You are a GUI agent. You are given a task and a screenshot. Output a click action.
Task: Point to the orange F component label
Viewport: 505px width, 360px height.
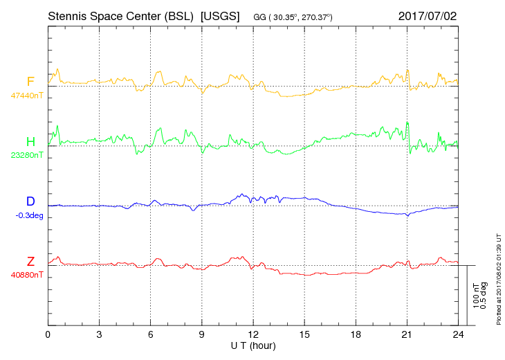pyautogui.click(x=30, y=82)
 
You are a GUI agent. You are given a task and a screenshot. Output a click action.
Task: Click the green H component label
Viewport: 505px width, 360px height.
pyautogui.click(x=30, y=142)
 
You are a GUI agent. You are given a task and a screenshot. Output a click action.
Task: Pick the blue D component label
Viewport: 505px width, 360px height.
pyautogui.click(x=30, y=201)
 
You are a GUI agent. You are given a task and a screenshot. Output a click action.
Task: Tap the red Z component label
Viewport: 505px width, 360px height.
pyautogui.click(x=30, y=261)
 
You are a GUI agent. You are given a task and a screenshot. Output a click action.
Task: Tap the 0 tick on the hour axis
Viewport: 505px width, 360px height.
pyautogui.click(x=48, y=334)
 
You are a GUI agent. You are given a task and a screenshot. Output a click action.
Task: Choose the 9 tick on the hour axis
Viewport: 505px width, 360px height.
pyautogui.click(x=201, y=334)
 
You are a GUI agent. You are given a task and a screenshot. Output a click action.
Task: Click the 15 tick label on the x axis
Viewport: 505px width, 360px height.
pyautogui.click(x=304, y=334)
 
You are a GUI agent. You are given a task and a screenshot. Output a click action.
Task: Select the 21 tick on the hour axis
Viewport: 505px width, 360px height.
pyautogui.click(x=406, y=334)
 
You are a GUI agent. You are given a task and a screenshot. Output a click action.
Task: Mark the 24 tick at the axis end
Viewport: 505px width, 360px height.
pyautogui.click(x=457, y=334)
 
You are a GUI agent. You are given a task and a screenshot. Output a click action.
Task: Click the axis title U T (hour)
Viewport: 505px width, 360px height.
pyautogui.click(x=253, y=345)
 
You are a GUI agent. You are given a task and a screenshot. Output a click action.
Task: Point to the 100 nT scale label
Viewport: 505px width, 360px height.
pyautogui.click(x=475, y=296)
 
